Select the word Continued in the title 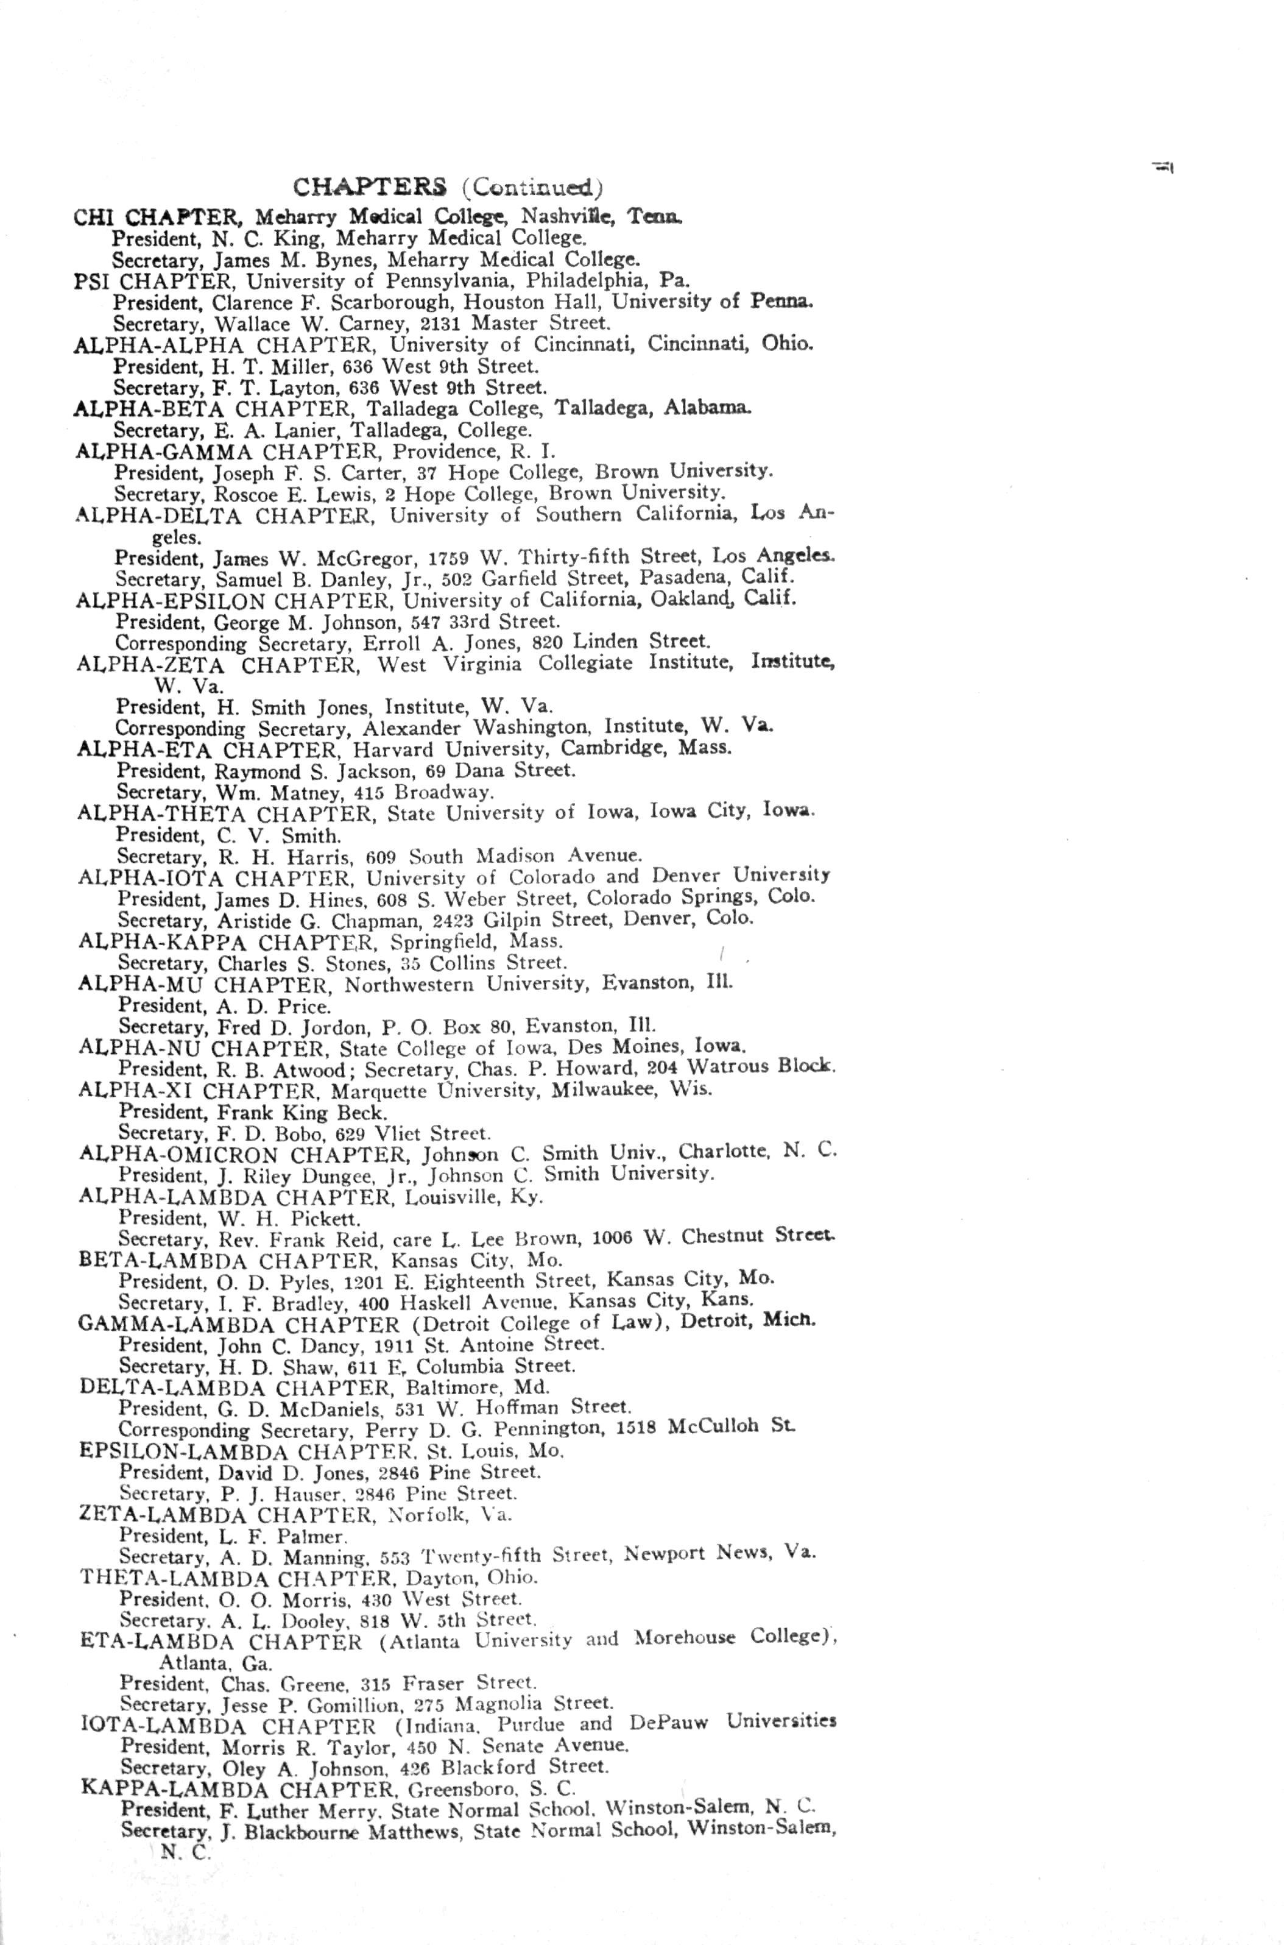click(x=532, y=188)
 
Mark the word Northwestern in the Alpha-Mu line click(x=409, y=983)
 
